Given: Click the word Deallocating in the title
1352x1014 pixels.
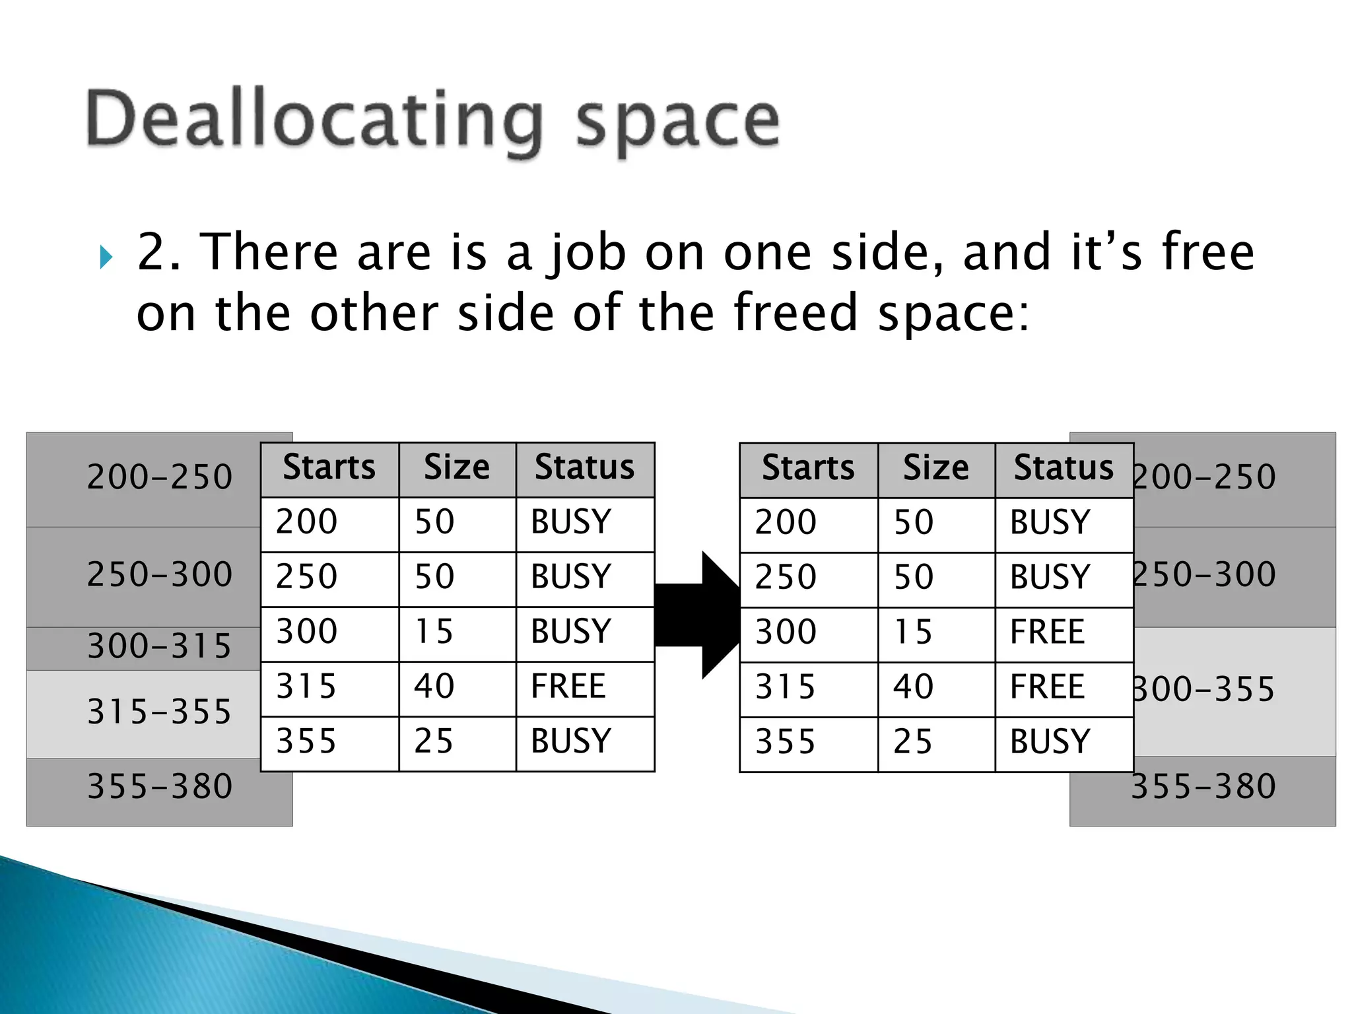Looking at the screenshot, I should (x=314, y=121).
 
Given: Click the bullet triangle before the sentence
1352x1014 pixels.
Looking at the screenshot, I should (x=106, y=257).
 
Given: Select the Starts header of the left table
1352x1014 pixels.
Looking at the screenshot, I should (x=329, y=468).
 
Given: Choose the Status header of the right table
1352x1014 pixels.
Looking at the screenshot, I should (x=1064, y=469).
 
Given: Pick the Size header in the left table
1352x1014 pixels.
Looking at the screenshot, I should (x=457, y=468).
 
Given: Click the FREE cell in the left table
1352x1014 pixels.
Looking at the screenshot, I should (x=568, y=687).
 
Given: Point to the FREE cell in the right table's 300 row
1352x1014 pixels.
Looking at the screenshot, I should (x=1048, y=632).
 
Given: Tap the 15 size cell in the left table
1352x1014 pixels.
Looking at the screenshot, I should (x=434, y=632).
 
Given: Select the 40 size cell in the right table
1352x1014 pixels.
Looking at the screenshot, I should (x=914, y=687).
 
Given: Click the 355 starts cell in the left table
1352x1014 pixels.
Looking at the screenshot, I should (x=306, y=741).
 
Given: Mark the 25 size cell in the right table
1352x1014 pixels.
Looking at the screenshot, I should (x=913, y=742).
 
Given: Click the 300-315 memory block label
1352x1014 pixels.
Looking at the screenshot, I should (x=160, y=646).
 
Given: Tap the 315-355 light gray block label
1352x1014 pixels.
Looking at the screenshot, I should (x=160, y=712).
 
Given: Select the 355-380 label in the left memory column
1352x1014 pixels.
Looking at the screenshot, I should (x=160, y=787).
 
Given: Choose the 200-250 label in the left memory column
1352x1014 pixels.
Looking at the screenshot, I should (x=160, y=477).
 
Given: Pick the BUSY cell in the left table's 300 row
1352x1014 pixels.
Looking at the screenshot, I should (x=571, y=632).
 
